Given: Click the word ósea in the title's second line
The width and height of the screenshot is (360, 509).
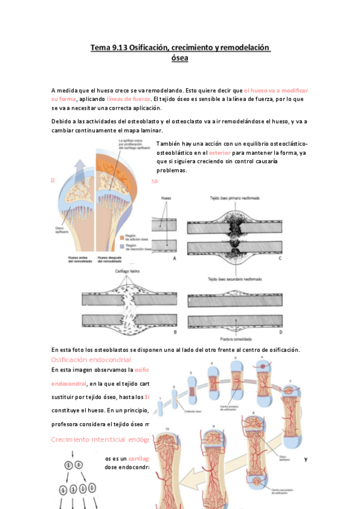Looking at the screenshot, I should (x=179, y=58).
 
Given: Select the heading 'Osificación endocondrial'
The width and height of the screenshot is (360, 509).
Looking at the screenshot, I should (x=91, y=359).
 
